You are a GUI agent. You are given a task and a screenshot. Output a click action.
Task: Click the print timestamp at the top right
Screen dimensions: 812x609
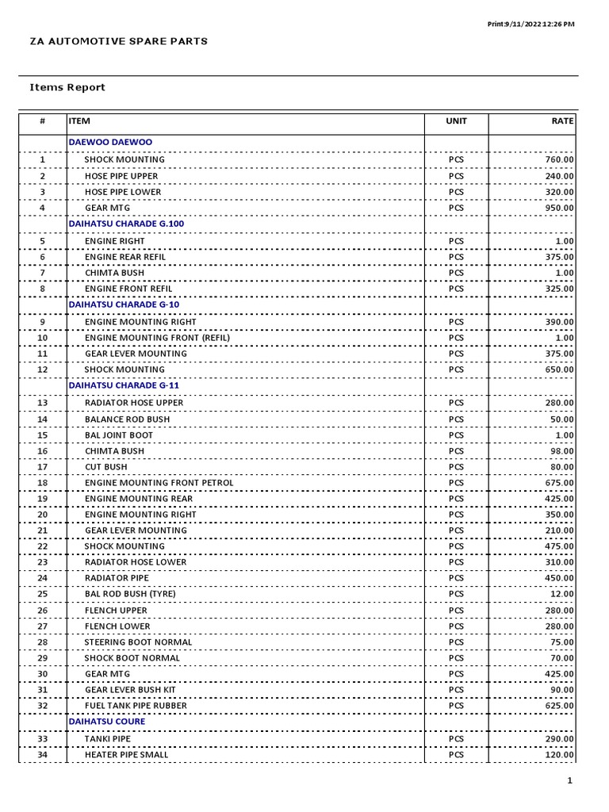[530, 24]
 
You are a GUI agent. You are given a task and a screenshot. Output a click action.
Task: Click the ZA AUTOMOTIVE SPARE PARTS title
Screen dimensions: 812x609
[119, 41]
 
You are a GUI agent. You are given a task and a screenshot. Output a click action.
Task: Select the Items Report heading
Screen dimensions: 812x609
[67, 87]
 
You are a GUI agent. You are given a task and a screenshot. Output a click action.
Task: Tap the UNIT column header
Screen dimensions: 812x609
[457, 121]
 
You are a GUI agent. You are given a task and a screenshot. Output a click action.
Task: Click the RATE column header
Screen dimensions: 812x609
[562, 121]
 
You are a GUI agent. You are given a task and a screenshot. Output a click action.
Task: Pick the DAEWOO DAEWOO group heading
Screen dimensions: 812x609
[110, 142]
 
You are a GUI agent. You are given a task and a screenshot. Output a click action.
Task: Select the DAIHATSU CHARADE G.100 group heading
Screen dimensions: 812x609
[126, 224]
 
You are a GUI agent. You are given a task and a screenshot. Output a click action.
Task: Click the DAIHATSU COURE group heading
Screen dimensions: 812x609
[107, 722]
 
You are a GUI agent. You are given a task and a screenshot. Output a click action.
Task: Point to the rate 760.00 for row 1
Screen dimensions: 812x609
[559, 159]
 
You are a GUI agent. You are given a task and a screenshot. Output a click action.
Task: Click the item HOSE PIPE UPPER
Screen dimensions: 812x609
[121, 176]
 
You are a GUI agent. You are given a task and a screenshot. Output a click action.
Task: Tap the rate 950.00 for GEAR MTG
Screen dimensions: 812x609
[559, 208]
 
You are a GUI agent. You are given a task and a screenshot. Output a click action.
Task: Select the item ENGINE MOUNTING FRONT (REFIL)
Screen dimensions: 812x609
[157, 338]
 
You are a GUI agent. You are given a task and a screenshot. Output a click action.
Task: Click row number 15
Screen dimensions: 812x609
[43, 435]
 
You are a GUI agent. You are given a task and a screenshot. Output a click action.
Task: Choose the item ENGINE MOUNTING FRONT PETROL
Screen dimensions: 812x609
[159, 483]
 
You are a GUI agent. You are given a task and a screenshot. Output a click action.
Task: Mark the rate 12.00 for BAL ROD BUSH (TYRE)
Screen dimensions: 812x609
[562, 594]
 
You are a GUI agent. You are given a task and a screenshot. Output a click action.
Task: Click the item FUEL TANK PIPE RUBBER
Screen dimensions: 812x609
[136, 706]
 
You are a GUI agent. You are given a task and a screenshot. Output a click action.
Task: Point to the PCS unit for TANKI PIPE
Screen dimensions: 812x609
[457, 739]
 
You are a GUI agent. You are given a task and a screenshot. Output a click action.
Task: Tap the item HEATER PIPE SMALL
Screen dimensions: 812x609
[127, 755]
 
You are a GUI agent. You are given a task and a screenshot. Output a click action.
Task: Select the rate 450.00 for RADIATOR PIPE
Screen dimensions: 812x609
[559, 578]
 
